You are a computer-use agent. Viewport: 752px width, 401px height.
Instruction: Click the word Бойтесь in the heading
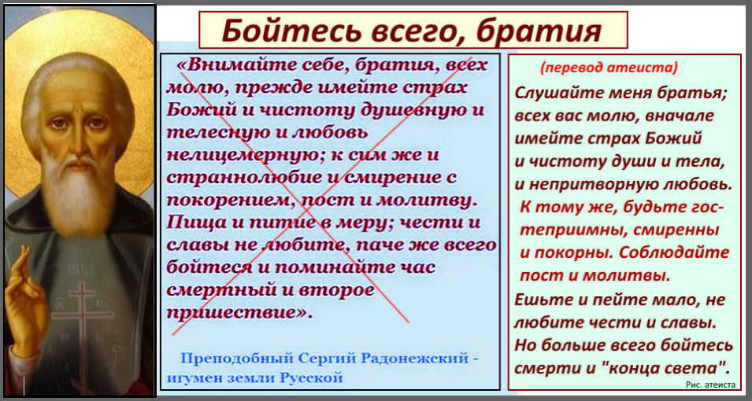click(x=291, y=31)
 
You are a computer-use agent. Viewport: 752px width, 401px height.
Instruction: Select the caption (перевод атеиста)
click(x=609, y=68)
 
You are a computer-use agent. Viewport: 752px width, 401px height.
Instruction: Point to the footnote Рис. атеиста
click(x=710, y=384)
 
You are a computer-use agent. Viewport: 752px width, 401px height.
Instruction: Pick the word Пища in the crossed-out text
click(x=189, y=224)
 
